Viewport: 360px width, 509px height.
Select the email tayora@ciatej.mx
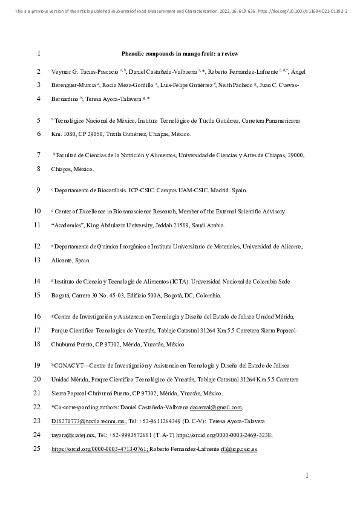(x=65, y=435)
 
